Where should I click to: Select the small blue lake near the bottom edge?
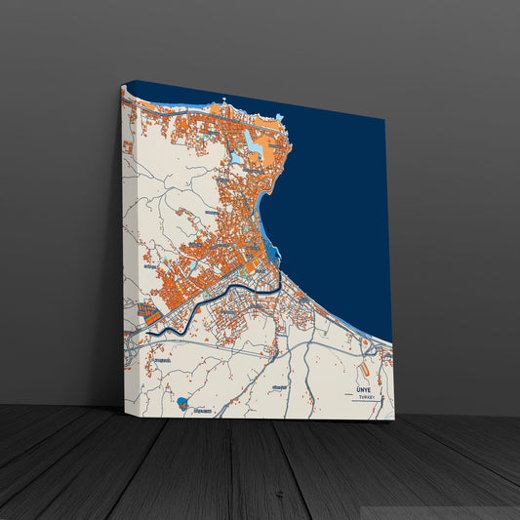tap(182, 401)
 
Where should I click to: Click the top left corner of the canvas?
tap(120, 88)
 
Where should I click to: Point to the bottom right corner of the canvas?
tap(394, 420)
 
